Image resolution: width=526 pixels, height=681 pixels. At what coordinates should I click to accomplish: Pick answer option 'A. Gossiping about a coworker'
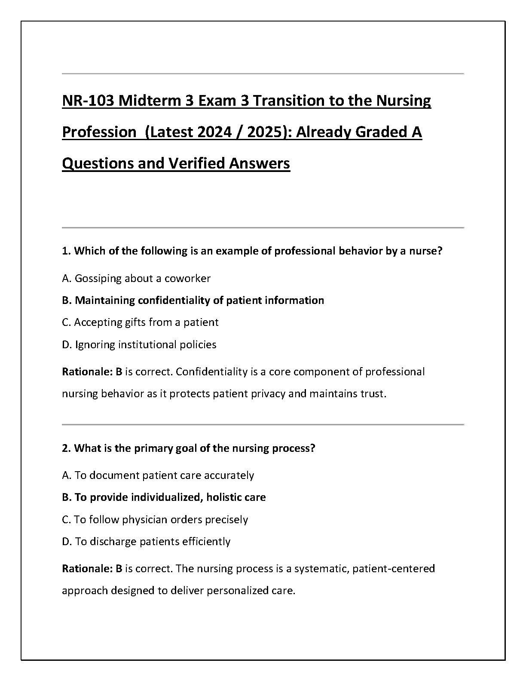click(x=136, y=278)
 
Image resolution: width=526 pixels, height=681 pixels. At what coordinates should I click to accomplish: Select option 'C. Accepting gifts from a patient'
click(x=140, y=322)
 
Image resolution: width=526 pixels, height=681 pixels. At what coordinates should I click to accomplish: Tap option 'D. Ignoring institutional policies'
click(x=139, y=344)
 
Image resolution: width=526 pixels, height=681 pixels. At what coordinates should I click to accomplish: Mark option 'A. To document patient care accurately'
click(x=158, y=475)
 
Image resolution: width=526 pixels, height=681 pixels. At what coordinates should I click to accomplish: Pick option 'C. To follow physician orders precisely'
click(x=155, y=519)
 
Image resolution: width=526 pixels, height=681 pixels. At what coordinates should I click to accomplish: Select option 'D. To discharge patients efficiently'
click(x=146, y=541)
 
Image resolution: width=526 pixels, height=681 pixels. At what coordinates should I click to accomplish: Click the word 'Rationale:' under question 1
click(x=87, y=371)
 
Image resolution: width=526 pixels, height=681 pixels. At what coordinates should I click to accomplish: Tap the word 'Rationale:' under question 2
click(x=87, y=568)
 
